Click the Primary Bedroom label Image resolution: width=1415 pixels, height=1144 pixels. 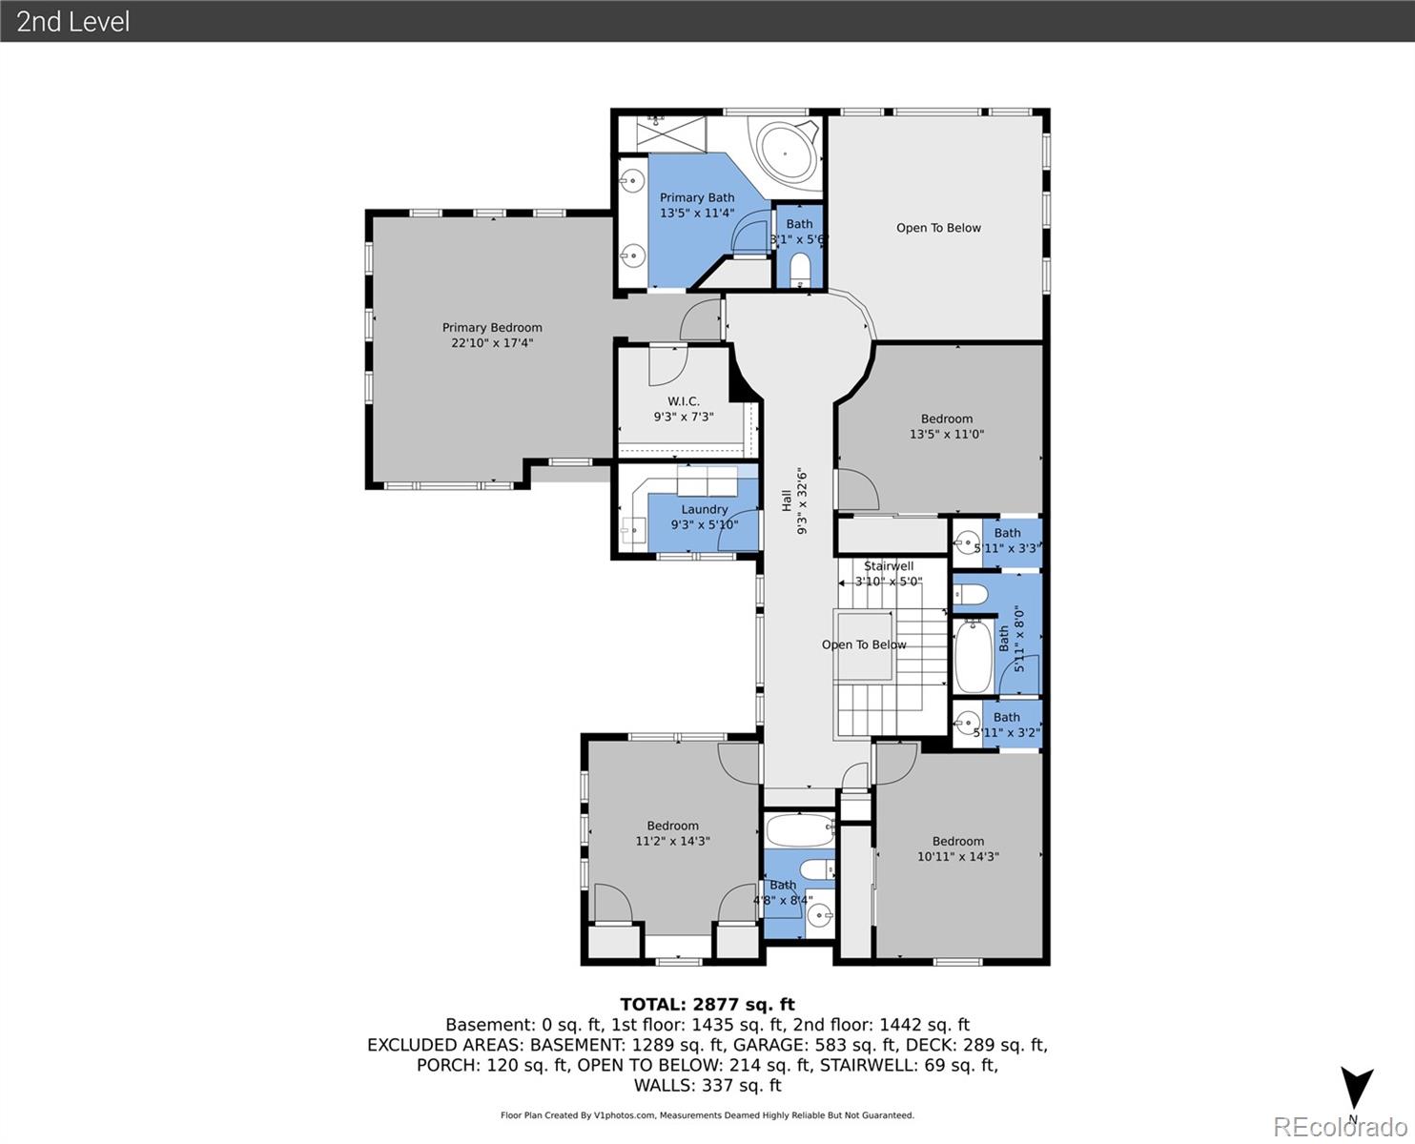pos(492,335)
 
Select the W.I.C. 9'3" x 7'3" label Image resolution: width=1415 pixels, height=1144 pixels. pos(684,409)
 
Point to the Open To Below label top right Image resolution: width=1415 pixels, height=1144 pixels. pos(938,228)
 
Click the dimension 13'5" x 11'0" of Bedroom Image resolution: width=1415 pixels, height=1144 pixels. pos(947,435)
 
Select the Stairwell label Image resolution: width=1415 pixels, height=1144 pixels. pos(889,566)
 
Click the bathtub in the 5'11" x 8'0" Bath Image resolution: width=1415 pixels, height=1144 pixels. pos(973,657)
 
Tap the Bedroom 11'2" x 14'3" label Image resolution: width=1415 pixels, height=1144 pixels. pos(673,833)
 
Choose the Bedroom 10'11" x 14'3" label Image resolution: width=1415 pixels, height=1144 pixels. pos(958,848)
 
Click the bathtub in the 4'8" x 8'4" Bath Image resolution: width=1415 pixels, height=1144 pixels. pos(799,830)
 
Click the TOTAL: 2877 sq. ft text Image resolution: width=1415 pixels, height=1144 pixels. pos(707,1004)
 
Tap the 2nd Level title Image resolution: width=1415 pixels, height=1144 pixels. pos(72,21)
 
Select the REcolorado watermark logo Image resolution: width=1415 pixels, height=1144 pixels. pos(1339,1127)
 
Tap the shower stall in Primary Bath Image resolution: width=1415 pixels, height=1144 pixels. pos(664,132)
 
